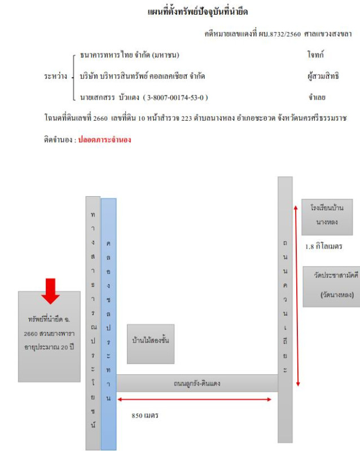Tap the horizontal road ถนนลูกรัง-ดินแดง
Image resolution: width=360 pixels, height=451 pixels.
197,383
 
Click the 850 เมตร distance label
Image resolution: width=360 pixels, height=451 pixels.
144,415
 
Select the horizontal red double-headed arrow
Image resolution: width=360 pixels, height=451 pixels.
194,399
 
